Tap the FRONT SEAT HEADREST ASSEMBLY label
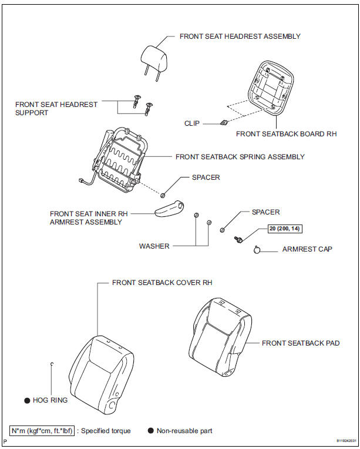point(240,36)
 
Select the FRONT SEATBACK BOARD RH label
point(286,134)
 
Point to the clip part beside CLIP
point(223,123)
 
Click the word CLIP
point(192,123)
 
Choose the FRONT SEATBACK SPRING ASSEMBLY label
point(240,157)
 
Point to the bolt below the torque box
point(239,239)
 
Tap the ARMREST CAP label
point(307,249)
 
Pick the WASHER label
point(154,246)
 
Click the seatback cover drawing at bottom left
point(98,371)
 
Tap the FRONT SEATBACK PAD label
point(300,343)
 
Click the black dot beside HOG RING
point(27,400)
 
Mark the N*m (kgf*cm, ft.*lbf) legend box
point(42,431)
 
